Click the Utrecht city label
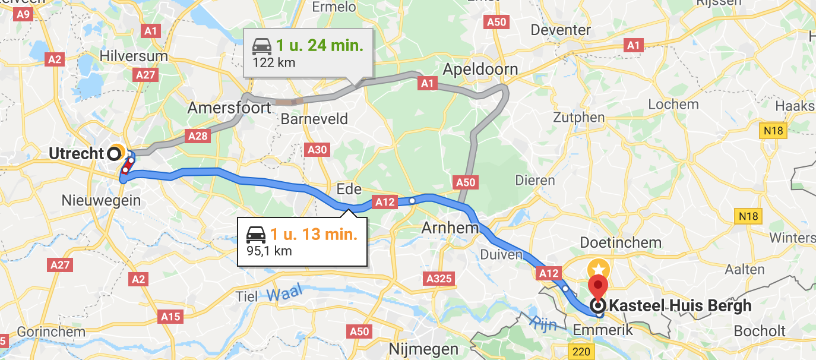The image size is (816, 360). tap(76, 154)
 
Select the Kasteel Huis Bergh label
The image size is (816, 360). tap(681, 307)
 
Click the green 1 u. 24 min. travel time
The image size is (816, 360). tap(320, 46)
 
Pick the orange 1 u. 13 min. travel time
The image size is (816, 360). tap(314, 234)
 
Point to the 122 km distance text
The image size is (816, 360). tap(274, 62)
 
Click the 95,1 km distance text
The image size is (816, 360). tap(269, 251)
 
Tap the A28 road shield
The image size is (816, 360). tap(198, 136)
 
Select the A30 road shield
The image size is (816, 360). tap(317, 150)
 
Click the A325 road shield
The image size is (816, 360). tap(439, 279)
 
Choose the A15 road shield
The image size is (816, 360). tap(170, 317)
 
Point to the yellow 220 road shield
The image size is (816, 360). tap(581, 352)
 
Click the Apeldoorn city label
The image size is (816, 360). tap(480, 70)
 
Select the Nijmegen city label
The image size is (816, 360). tap(423, 349)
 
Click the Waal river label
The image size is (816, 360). tap(284, 292)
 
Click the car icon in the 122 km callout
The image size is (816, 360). tap(262, 46)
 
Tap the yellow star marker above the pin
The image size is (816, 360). tap(597, 268)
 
